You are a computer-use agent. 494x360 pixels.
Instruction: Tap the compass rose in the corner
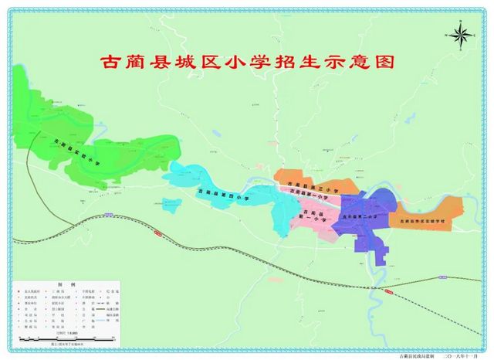pyautogui.click(x=462, y=34)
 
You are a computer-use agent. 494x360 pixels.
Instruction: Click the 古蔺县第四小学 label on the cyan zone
pyautogui.click(x=224, y=195)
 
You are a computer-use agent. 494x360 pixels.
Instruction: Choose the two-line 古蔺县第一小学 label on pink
pyautogui.click(x=312, y=216)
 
